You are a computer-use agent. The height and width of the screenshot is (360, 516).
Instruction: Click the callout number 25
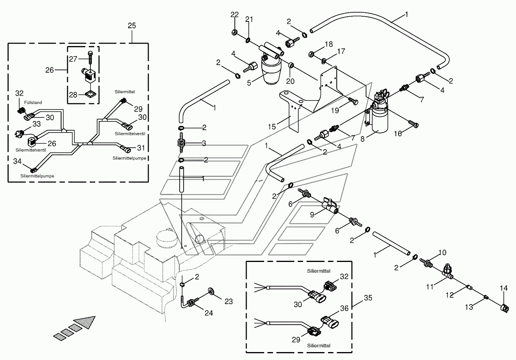pos(132,25)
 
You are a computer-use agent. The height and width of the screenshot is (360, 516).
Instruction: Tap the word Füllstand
pos(33,102)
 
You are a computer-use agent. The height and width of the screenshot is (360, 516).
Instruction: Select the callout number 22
pos(234,15)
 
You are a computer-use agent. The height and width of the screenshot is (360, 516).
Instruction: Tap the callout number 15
pos(272,127)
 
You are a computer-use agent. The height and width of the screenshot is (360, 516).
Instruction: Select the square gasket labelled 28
pos(90,94)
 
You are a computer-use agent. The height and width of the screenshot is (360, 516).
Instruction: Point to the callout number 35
pos(368,298)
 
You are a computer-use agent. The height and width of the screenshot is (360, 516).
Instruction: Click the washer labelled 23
pos(211,291)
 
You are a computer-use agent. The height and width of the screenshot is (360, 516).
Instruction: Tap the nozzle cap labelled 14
pos(504,309)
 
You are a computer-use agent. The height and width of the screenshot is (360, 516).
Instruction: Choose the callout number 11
pos(430,287)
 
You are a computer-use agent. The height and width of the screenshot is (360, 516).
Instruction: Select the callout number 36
pos(344,308)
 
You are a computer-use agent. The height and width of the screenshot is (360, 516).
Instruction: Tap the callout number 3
pos(204,143)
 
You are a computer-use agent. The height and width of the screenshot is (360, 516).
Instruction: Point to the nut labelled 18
pos(311,55)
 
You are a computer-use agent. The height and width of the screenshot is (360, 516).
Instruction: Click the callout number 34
pos(17,161)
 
